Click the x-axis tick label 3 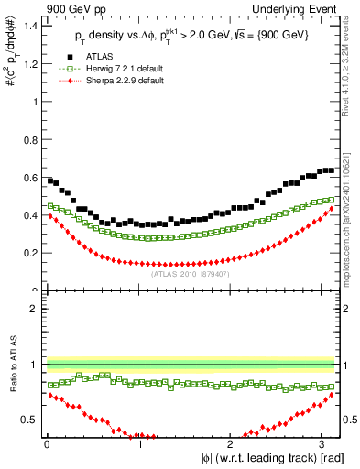coord(325,444)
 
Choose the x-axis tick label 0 coord(47,444)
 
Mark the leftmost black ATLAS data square coord(49,180)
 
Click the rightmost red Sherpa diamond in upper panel coord(332,209)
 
